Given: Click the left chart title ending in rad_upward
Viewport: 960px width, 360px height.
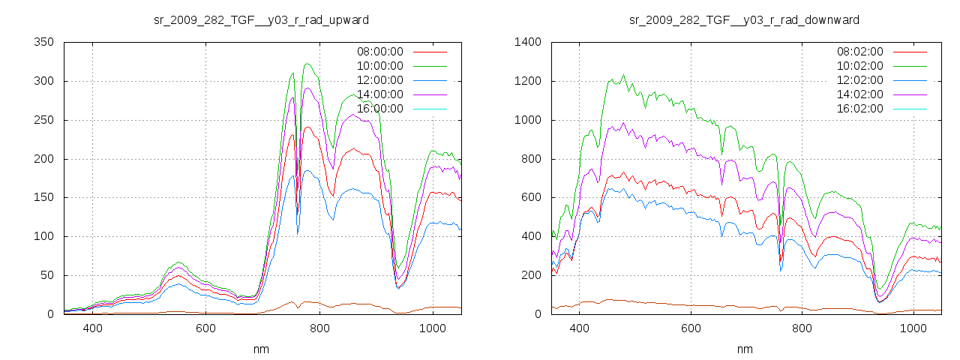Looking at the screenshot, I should pos(261,19).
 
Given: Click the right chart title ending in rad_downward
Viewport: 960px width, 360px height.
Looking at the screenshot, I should pos(744,19).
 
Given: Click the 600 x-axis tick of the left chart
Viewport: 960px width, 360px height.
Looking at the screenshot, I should pos(205,328).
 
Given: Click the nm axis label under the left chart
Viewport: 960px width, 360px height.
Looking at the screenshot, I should pos(261,349).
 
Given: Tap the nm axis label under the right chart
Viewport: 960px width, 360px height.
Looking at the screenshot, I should pos(744,349).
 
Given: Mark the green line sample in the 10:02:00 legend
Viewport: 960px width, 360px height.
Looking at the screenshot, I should pos(910,66).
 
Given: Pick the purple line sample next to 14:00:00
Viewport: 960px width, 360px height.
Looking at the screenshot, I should pos(430,94).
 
